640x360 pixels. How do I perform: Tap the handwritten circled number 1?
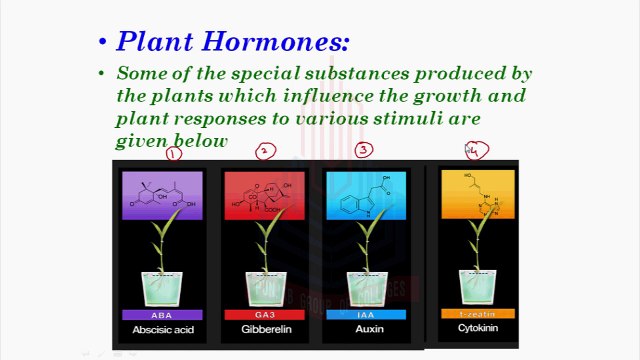tap(174, 154)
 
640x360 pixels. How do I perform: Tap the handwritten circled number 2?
tap(265, 151)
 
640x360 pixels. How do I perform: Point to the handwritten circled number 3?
tap(364, 150)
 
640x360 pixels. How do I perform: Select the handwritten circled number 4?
tap(477, 151)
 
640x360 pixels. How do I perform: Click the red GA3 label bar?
tap(264, 314)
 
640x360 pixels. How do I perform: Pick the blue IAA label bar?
tap(365, 314)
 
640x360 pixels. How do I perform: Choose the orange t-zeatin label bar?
tap(477, 314)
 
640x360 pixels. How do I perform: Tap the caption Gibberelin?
tap(264, 328)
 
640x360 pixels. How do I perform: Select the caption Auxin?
tap(365, 328)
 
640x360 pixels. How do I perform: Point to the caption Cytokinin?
tap(477, 327)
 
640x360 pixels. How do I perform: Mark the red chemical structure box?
tap(264, 194)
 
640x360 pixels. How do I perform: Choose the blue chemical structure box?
tap(365, 194)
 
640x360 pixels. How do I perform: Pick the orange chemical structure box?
tap(477, 193)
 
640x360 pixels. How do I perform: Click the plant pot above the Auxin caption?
tap(365, 285)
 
